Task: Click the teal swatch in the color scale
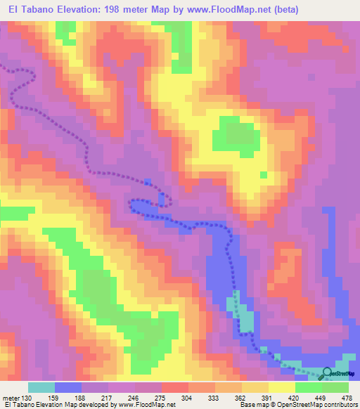pyautogui.click(x=41, y=387)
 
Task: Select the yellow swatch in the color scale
pyautogui.click(x=281, y=387)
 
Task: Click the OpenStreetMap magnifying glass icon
pyautogui.click(x=328, y=373)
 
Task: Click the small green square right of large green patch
pyautogui.click(x=263, y=175)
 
